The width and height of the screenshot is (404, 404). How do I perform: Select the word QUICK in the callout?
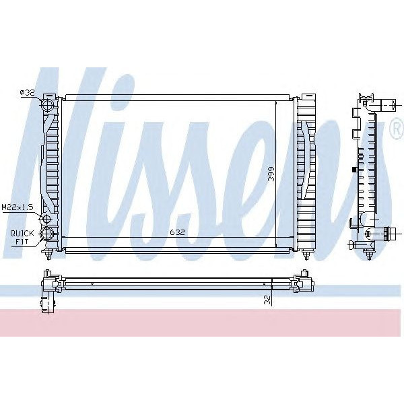20,232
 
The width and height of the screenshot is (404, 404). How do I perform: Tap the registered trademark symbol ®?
396,130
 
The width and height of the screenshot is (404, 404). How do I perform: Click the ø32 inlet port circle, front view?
48,106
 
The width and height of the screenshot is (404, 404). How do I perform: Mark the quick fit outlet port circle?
48,234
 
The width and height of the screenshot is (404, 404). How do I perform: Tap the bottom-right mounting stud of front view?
307,255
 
